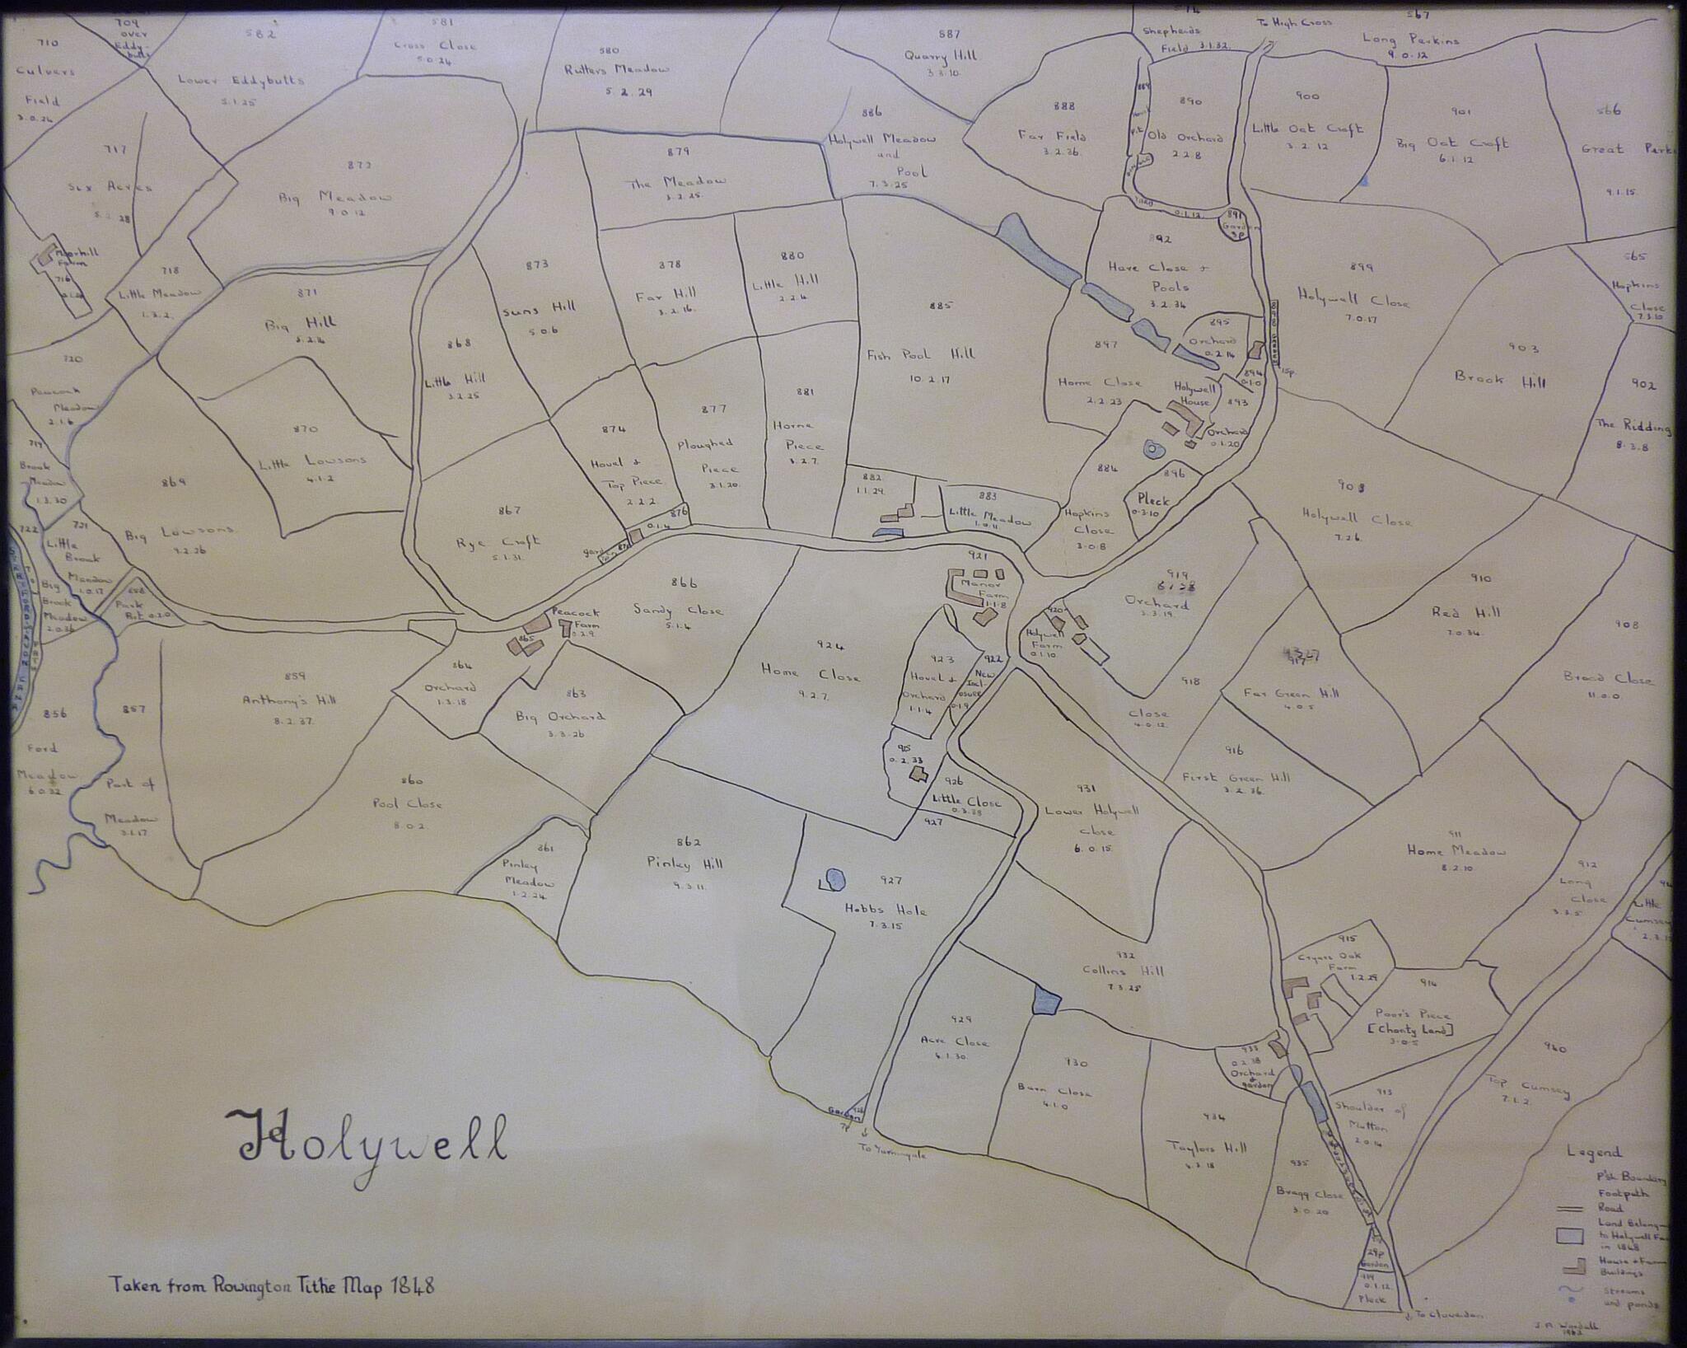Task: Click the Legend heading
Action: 1593,1153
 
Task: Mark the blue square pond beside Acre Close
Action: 1044,1000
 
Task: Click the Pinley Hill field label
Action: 685,864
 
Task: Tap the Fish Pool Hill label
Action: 920,354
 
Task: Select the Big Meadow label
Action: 334,199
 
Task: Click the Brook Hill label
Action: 1499,381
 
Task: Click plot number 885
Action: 941,306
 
